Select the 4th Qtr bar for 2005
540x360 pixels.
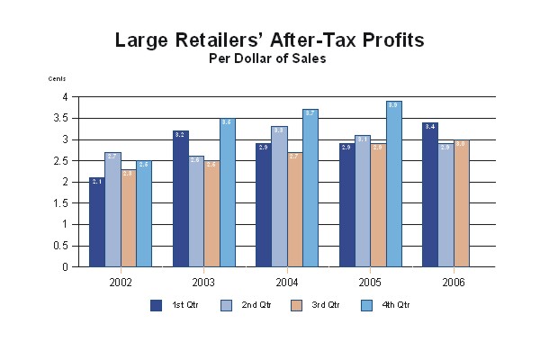(394, 184)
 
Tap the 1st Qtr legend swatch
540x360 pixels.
(156, 305)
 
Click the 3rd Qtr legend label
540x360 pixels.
(325, 306)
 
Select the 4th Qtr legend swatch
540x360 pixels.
(366, 305)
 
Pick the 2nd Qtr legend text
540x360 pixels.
(256, 306)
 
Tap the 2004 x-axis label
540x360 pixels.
(287, 281)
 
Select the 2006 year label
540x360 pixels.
(453, 281)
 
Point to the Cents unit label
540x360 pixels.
(57, 79)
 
